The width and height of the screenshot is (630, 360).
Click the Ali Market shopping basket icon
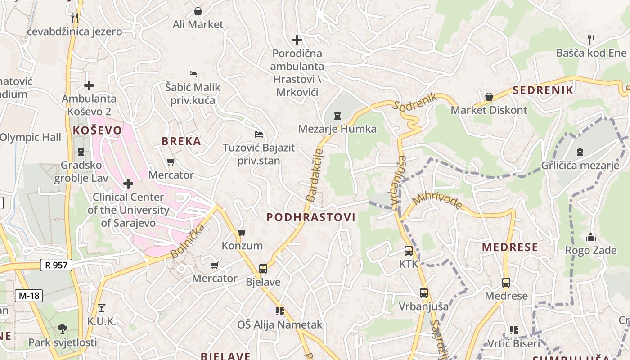click(x=198, y=11)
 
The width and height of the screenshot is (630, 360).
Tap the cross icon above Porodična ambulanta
click(x=297, y=40)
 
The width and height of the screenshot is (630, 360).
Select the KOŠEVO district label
click(x=97, y=130)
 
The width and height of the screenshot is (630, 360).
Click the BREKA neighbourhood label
click(x=181, y=141)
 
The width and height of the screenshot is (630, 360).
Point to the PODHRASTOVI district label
click(x=311, y=217)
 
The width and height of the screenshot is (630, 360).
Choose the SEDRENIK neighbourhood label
click(x=543, y=90)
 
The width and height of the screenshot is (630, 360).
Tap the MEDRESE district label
click(x=510, y=247)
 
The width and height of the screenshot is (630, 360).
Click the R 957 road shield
click(x=56, y=265)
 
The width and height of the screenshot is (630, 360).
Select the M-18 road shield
click(x=29, y=296)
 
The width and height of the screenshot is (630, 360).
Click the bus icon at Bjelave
click(x=263, y=269)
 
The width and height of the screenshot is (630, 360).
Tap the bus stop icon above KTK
click(x=409, y=251)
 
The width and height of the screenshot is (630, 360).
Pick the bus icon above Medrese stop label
click(x=506, y=283)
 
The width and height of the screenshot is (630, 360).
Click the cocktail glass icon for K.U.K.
click(x=102, y=308)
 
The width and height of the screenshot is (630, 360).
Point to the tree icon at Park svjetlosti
click(x=63, y=329)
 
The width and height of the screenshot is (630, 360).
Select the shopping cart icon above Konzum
click(x=242, y=232)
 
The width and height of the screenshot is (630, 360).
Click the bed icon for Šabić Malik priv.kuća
click(x=193, y=74)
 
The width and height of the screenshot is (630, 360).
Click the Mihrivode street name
click(x=437, y=200)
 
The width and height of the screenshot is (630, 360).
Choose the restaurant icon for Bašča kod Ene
click(x=591, y=40)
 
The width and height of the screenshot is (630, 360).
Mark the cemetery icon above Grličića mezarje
click(x=580, y=152)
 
